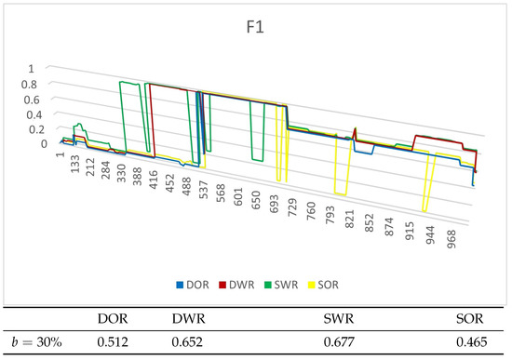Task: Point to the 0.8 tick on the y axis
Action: click(32, 84)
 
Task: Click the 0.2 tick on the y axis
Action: click(32, 129)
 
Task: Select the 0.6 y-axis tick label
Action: click(32, 100)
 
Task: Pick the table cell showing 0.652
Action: click(189, 343)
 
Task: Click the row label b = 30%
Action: click(37, 343)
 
